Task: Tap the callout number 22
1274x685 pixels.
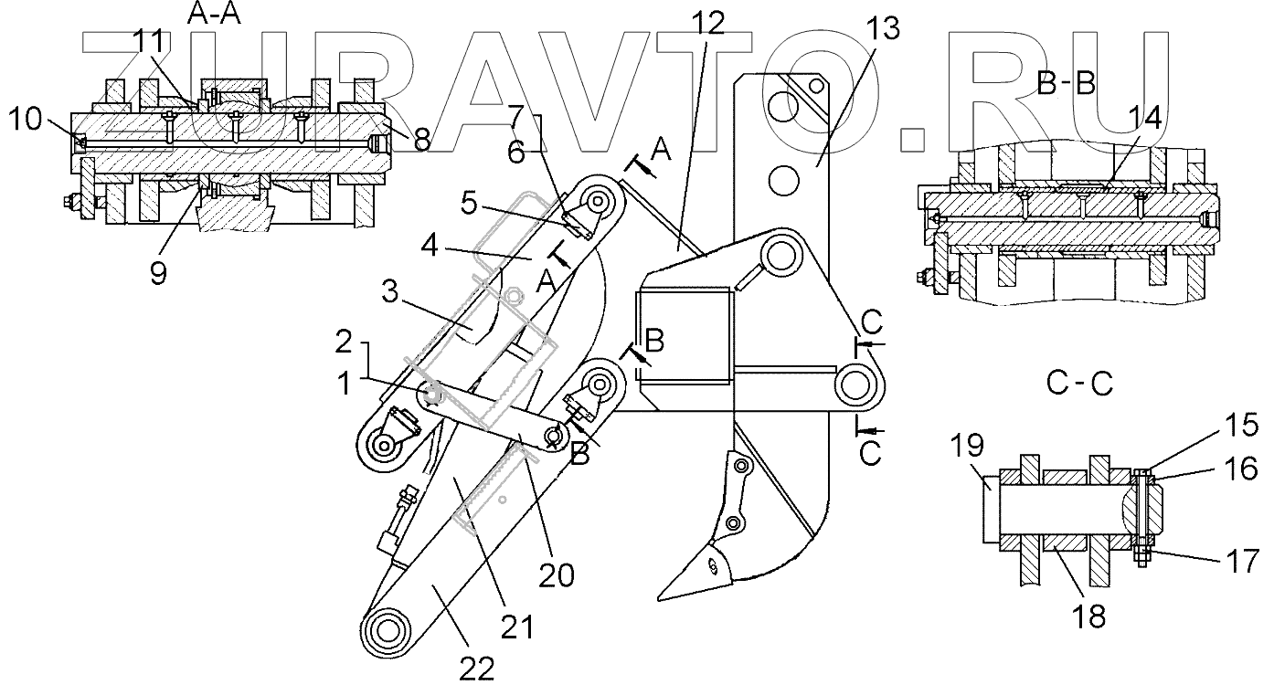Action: coord(478,669)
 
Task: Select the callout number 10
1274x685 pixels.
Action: coord(26,118)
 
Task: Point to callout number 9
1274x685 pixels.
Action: coord(160,273)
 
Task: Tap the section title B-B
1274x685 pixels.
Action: coord(1067,83)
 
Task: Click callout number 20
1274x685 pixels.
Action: coord(556,574)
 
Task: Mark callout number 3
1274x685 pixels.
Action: coord(390,295)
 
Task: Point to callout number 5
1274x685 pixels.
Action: coord(469,203)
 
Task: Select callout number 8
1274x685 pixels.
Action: coord(422,140)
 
